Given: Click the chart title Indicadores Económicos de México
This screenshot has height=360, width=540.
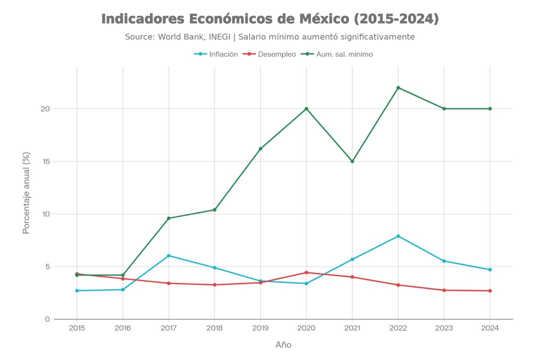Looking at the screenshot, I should coord(270,19).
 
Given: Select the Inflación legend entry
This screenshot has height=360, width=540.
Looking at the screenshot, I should coord(216,54).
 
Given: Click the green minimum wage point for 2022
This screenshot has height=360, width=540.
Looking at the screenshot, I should coord(398,88).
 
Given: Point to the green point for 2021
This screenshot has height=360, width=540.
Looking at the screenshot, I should coord(352,161).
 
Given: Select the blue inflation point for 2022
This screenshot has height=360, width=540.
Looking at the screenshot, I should coord(398,236).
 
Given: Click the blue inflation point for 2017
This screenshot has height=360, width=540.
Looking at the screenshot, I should coord(169,256).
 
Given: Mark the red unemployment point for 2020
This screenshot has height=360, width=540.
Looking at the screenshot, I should coord(306,273).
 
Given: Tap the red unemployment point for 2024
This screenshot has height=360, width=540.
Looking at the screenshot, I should coord(490,291).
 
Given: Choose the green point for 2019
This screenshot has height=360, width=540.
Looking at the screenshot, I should coord(260,149).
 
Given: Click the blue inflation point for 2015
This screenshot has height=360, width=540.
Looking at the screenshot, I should coord(77,291).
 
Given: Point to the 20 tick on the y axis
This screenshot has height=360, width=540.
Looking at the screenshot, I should coord(45,109).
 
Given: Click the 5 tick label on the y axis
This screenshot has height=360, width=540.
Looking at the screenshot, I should coord(47,266).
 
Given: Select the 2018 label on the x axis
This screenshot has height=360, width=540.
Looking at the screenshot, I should coord(214,328).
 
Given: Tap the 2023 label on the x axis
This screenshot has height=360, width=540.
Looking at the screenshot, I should coord(444,328).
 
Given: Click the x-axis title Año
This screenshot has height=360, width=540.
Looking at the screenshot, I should coord(283,345).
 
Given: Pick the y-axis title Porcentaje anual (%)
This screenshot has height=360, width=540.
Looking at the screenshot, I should coord(27,193).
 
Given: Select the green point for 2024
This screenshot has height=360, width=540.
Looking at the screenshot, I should coord(490,109).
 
